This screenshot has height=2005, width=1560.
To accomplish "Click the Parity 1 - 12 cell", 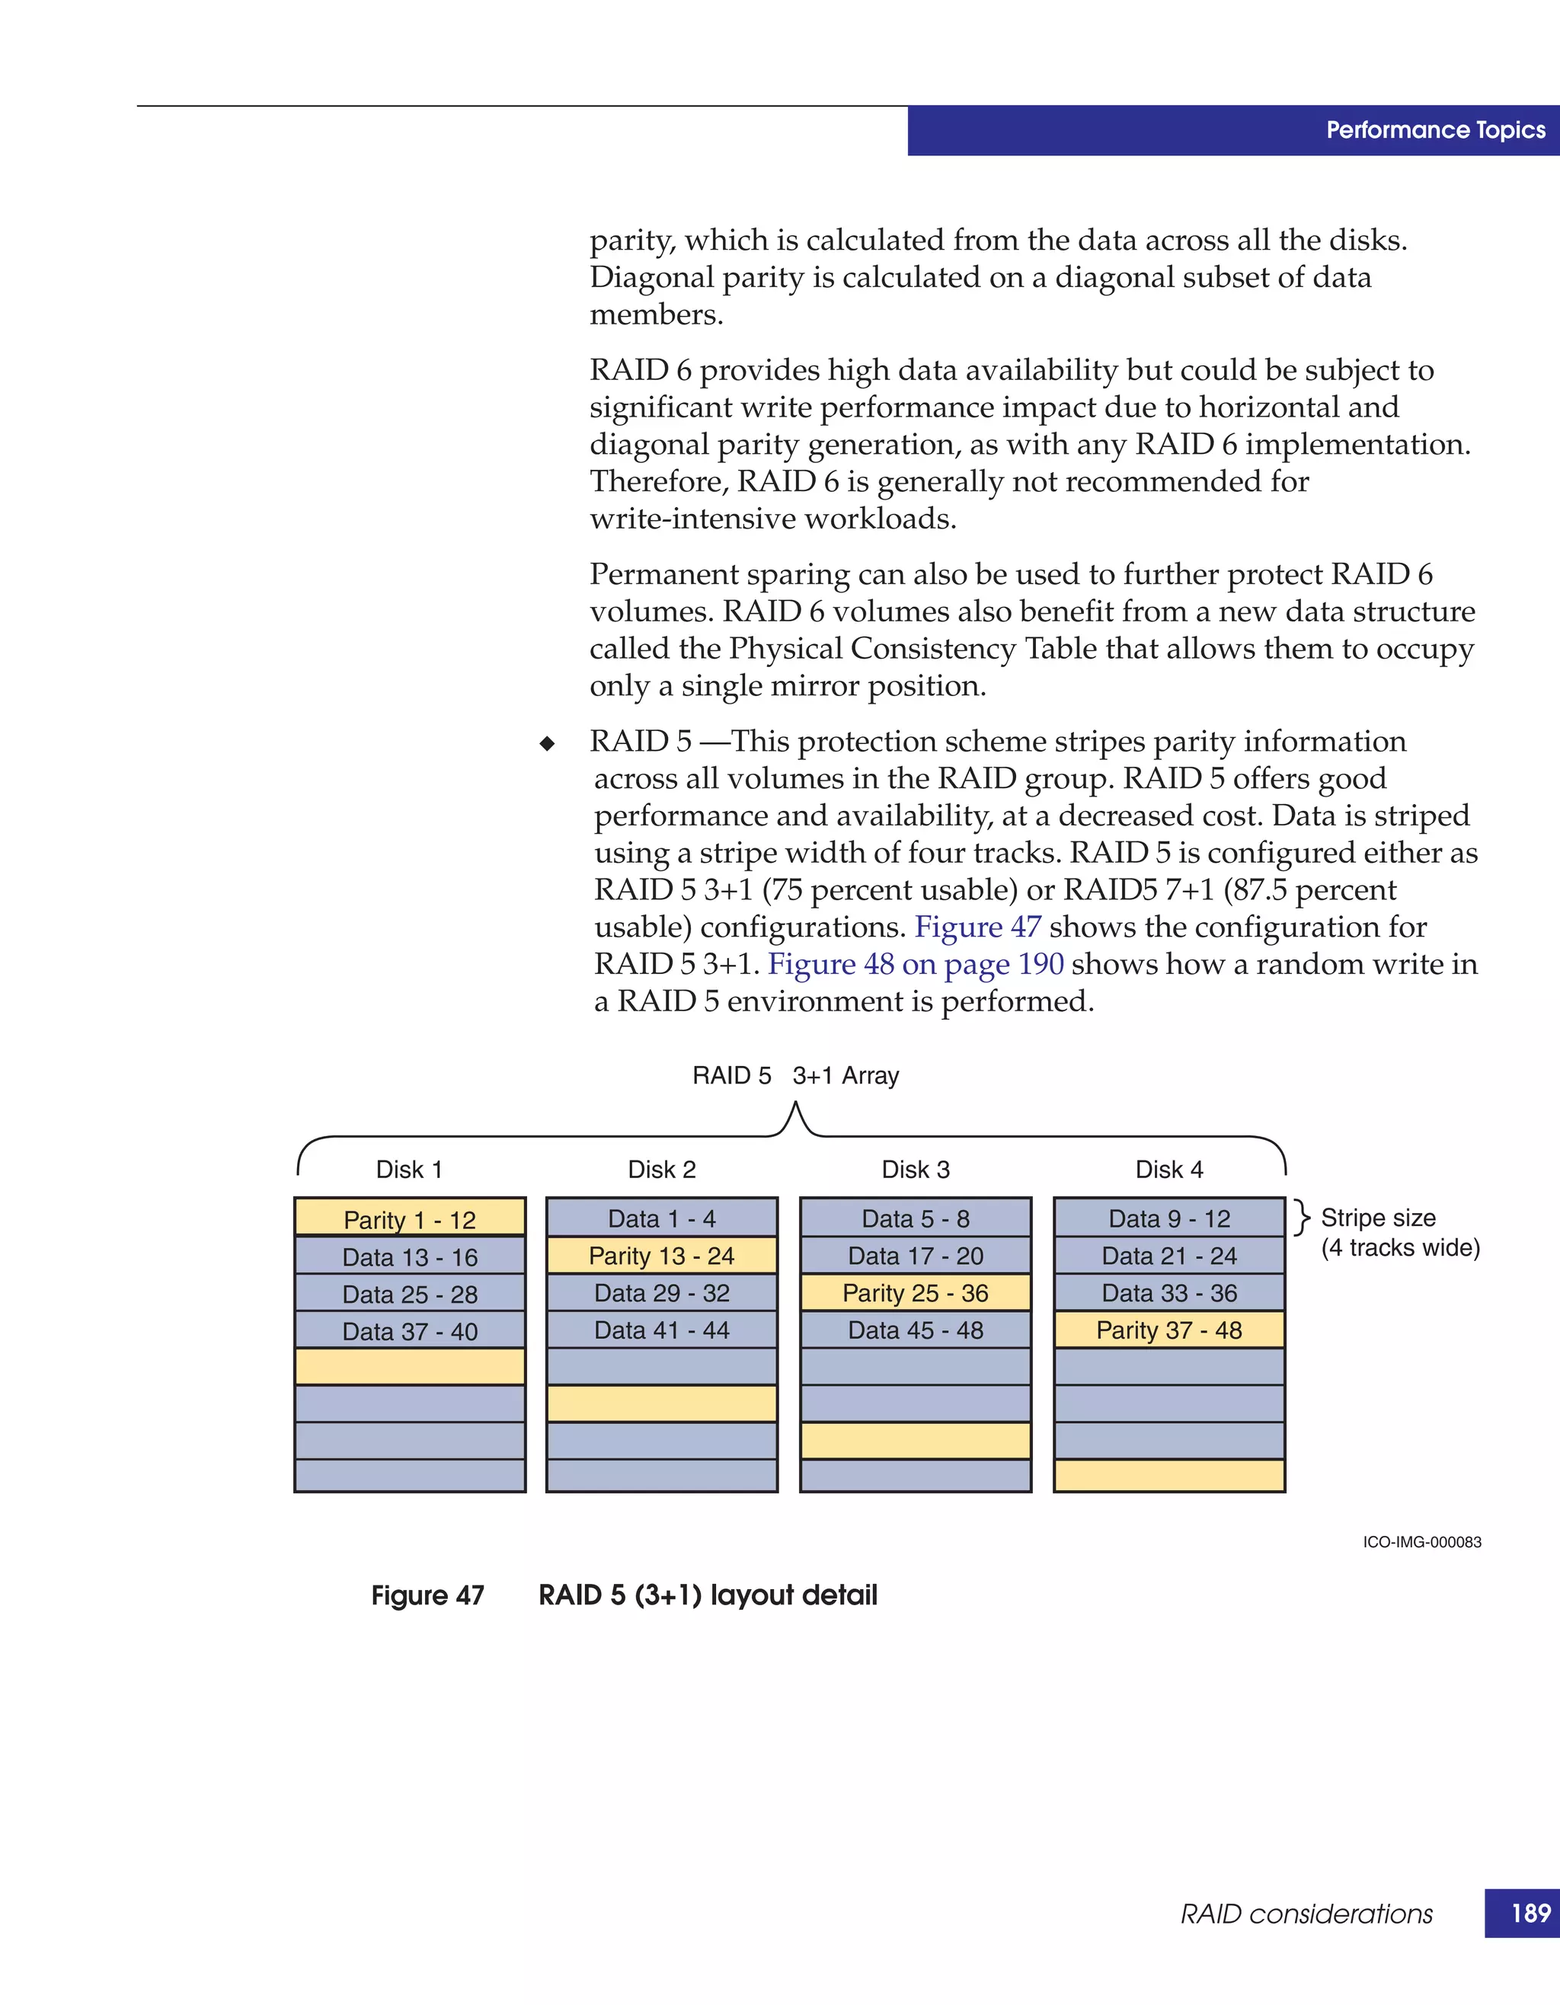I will point(410,1219).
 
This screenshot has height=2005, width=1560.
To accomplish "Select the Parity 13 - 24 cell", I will point(661,1255).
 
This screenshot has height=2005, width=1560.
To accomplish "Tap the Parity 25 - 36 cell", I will point(916,1292).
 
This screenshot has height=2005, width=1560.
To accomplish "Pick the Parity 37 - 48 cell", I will point(1168,1330).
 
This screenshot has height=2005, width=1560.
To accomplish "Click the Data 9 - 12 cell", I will point(1168,1218).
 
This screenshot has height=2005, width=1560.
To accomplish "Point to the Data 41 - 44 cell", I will point(661,1330).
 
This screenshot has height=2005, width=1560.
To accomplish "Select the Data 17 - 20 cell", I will point(916,1255).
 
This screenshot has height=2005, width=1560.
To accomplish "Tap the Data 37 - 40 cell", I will point(410,1331).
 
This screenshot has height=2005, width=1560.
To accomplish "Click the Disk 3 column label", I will point(916,1170).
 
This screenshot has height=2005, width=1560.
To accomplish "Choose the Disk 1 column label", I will point(410,1170).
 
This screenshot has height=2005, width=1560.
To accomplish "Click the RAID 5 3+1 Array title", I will point(795,1075).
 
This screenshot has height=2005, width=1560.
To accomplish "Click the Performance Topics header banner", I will point(1435,130).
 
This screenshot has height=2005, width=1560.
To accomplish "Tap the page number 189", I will point(1530,1913).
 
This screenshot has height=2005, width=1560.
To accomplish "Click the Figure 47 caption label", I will point(427,1595).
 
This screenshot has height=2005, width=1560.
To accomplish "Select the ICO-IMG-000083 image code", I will point(1421,1542).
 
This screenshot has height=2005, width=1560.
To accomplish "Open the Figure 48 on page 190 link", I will point(916,964).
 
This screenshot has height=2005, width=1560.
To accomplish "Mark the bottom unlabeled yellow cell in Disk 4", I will point(1168,1475).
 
